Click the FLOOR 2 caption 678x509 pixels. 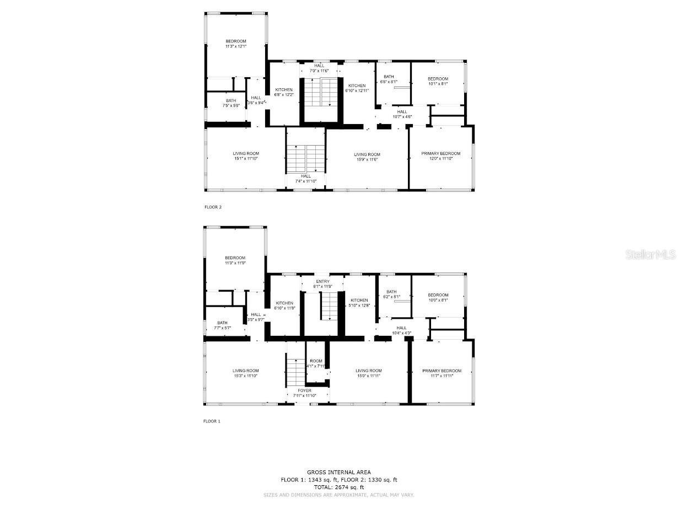tap(213, 207)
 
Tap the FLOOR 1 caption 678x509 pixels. tap(212, 421)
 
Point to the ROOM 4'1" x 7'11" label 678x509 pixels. tap(316, 363)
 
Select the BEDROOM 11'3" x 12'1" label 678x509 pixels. tap(235, 44)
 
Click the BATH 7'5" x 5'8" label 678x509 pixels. tap(230, 103)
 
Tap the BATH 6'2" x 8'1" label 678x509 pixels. tap(391, 294)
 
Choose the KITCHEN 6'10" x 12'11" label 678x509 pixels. tap(357, 88)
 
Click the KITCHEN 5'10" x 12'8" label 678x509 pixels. tap(359, 303)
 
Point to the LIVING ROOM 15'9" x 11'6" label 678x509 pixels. tap(367, 157)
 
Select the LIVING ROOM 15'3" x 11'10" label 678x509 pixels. tap(245, 373)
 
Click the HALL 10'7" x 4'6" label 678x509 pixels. tap(402, 114)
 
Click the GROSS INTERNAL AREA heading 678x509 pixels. tap(338, 472)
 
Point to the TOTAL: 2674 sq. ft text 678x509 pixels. tap(338, 487)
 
